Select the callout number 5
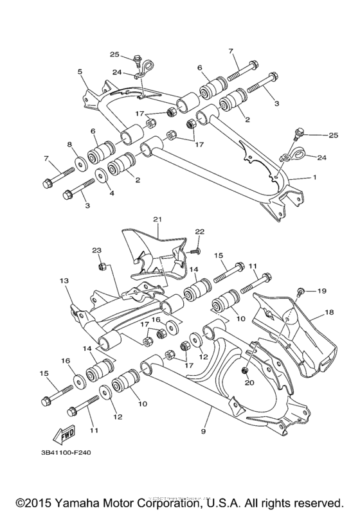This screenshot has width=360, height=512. [80, 71]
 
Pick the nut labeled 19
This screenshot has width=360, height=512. [300, 293]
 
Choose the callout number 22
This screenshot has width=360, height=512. [199, 231]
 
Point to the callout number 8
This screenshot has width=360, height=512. [68, 145]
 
